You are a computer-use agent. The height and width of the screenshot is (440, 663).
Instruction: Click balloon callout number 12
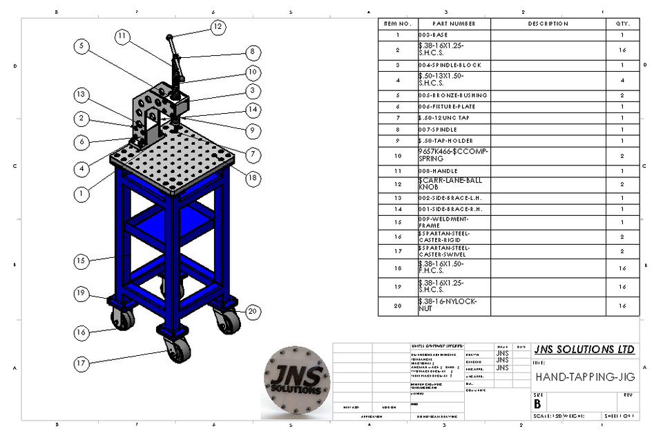tap(218, 27)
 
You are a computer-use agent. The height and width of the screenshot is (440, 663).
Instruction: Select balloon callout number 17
tap(82, 361)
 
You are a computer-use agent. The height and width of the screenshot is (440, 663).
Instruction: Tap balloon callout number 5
tap(82, 46)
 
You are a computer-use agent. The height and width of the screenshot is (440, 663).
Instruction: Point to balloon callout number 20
tap(253, 311)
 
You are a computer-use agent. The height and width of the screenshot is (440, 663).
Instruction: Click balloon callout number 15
tap(82, 261)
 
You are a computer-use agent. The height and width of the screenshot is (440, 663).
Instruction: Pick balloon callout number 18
tap(253, 178)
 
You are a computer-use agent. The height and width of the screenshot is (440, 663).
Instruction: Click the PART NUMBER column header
tap(454, 23)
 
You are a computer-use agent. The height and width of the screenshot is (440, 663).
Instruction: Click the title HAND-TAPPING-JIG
tap(585, 377)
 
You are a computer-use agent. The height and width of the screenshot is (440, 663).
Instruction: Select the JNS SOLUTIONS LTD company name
tap(584, 350)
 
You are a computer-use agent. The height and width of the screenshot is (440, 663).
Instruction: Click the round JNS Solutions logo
tap(296, 380)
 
